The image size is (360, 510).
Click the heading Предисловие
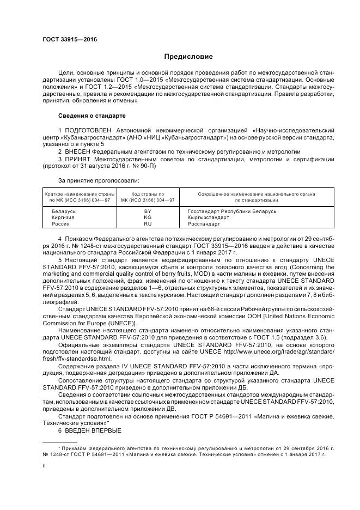(x=188, y=57)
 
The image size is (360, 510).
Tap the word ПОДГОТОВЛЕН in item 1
(x=89, y=131)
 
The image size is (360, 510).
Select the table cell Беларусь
(x=63, y=211)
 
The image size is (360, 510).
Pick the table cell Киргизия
(x=63, y=217)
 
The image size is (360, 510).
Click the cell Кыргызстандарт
(x=209, y=217)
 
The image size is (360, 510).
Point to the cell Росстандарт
(x=204, y=223)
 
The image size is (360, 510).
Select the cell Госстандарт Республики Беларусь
(x=232, y=211)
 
